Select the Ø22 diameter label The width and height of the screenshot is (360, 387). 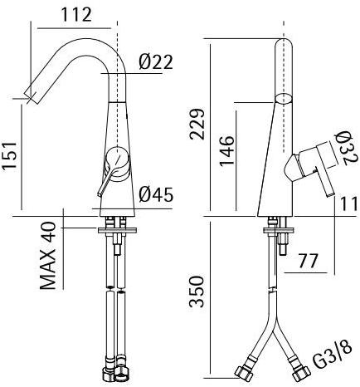155,62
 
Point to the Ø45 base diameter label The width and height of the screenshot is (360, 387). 155,195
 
